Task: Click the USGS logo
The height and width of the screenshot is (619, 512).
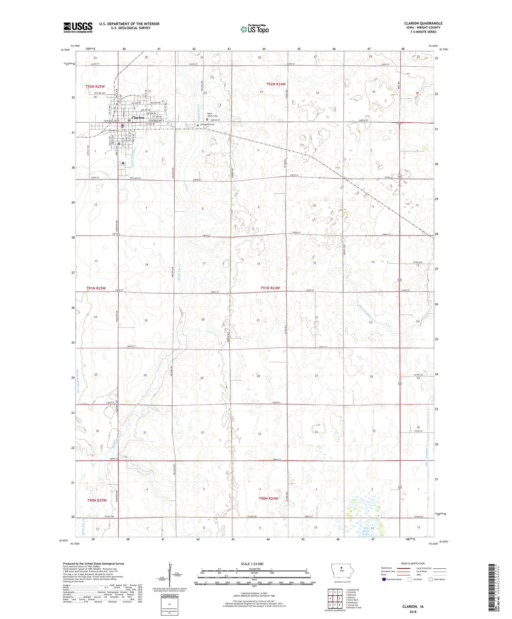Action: pos(78,27)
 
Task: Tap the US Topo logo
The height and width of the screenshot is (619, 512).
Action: pos(254,29)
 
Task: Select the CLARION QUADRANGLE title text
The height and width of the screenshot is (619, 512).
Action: pos(423,23)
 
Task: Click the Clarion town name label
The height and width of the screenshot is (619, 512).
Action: pos(138,118)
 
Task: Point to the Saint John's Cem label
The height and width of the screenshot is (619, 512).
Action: pos(212,115)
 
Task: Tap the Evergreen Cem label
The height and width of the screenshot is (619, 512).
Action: pos(207,124)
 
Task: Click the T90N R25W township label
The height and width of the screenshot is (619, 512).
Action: pos(97,500)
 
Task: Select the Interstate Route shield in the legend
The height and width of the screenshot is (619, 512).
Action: pos(384,579)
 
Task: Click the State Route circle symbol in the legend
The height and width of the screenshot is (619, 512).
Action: pos(431,579)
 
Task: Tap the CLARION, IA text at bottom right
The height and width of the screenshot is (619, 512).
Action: pos(413,607)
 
